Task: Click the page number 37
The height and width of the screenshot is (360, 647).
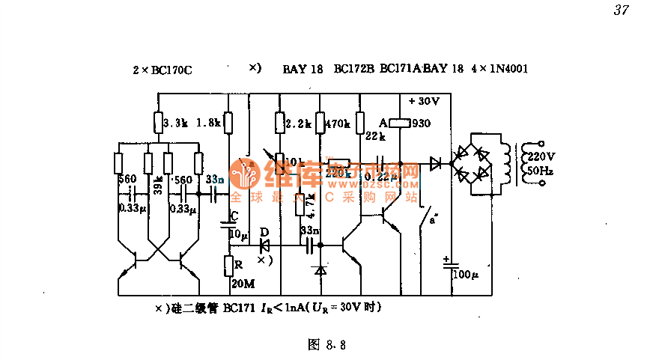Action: [x=620, y=10]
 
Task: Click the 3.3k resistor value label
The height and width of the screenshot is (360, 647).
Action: [x=174, y=122]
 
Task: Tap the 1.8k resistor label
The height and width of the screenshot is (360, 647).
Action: [x=210, y=122]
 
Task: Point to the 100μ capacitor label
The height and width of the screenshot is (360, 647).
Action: [x=465, y=275]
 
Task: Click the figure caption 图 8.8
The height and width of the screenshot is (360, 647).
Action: [x=326, y=345]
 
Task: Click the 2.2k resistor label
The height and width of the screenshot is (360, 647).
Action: [x=298, y=123]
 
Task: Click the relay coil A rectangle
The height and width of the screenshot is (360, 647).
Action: [x=398, y=122]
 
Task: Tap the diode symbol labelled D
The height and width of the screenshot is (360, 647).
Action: [x=264, y=245]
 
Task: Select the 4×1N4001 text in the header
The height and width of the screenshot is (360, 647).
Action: [x=499, y=69]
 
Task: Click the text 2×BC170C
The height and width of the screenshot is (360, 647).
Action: [x=162, y=70]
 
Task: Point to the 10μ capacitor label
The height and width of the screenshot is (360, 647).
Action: [x=238, y=235]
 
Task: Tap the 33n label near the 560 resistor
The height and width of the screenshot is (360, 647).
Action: [x=215, y=179]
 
